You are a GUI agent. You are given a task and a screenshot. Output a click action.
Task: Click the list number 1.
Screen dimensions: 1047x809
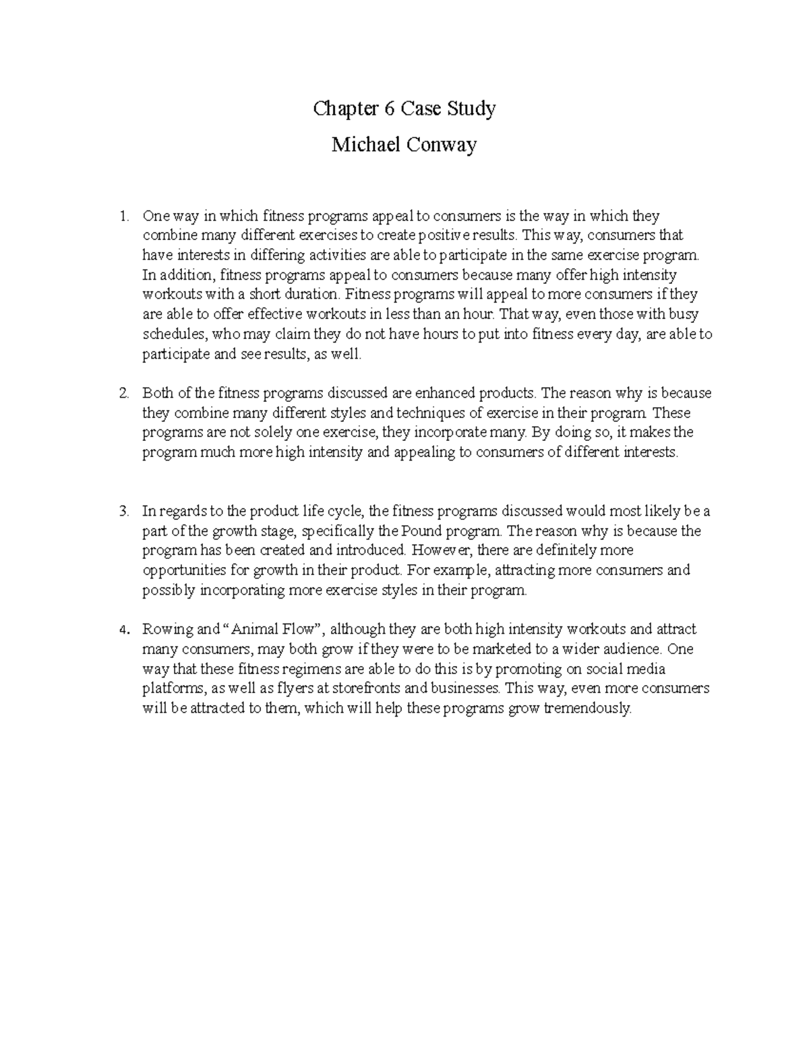[123, 216]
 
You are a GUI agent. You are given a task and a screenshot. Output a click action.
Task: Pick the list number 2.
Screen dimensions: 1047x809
[123, 393]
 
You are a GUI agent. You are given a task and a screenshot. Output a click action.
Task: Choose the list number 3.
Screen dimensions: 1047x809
[123, 512]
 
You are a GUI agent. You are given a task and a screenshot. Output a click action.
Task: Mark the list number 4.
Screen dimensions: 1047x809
[123, 630]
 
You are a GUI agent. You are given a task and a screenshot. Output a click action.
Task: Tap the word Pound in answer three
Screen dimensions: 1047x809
[424, 531]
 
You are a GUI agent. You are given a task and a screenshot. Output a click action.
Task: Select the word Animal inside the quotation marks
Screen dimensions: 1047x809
[253, 630]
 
